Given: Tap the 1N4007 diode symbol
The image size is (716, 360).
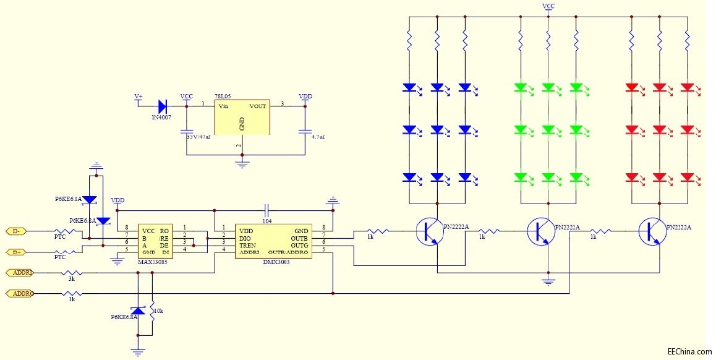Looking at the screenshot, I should click(x=163, y=106).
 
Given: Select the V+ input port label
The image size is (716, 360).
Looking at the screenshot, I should click(x=139, y=97).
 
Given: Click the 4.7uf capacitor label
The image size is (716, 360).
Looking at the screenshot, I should click(x=318, y=137).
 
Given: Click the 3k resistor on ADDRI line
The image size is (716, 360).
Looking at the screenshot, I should click(x=73, y=272).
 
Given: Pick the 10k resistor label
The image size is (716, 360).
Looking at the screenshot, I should click(x=158, y=311).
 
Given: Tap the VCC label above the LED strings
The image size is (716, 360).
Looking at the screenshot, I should click(x=548, y=6).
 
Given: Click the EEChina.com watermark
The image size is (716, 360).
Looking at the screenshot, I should click(x=689, y=352).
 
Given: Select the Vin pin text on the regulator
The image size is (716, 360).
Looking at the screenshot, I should click(x=224, y=106).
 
